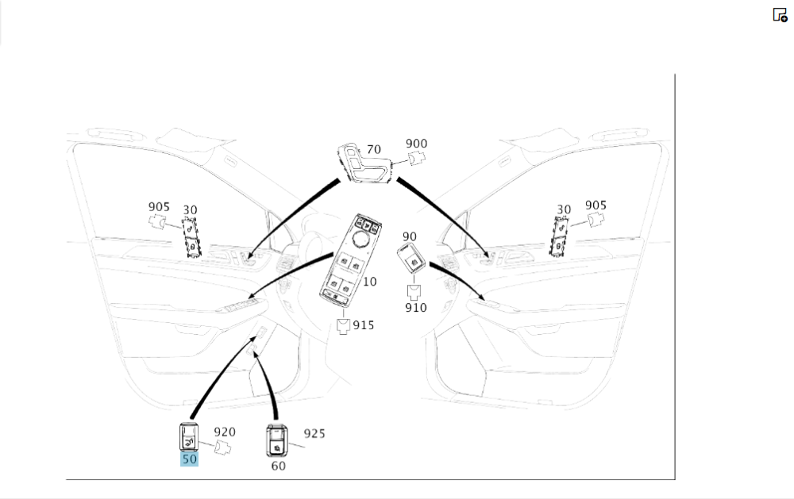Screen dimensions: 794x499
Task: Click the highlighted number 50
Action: (x=190, y=459)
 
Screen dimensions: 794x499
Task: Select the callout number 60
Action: (x=279, y=466)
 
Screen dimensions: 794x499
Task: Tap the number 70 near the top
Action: (x=374, y=150)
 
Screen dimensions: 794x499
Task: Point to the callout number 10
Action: (x=370, y=282)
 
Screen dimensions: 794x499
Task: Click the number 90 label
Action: (x=410, y=236)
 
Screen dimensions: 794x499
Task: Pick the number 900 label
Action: (x=416, y=144)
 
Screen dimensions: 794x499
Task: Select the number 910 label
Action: (x=416, y=308)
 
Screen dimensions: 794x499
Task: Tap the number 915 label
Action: (x=364, y=325)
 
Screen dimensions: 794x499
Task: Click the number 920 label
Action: (x=225, y=432)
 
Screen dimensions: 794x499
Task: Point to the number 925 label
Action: (x=314, y=434)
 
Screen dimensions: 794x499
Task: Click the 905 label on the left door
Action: (x=159, y=207)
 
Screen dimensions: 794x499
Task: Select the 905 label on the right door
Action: (x=595, y=205)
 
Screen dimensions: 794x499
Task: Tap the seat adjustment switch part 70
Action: (x=364, y=163)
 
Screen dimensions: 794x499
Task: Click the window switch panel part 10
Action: (x=350, y=260)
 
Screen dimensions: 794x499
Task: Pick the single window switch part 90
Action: (x=411, y=258)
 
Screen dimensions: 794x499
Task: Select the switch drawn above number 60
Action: (x=277, y=441)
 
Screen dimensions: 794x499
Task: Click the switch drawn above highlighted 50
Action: (x=189, y=437)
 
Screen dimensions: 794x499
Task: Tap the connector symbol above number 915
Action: (x=343, y=326)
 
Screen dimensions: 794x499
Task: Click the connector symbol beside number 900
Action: (x=418, y=159)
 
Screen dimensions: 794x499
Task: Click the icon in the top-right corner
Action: (x=780, y=15)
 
